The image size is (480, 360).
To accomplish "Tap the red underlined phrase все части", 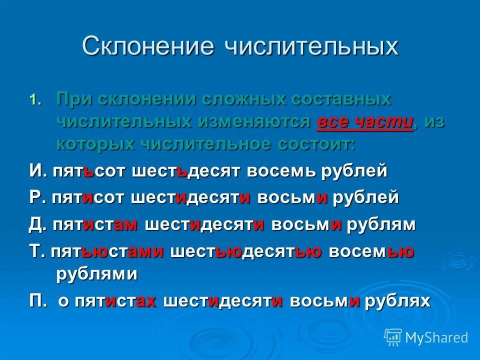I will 365,121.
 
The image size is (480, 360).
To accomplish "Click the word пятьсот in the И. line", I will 89,171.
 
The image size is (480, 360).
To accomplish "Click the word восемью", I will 371,251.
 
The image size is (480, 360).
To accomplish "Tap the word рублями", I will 97,274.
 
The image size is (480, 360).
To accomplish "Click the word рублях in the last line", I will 397,300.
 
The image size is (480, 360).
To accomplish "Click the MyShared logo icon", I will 393,336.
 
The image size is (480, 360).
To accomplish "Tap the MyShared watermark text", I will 436,337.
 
